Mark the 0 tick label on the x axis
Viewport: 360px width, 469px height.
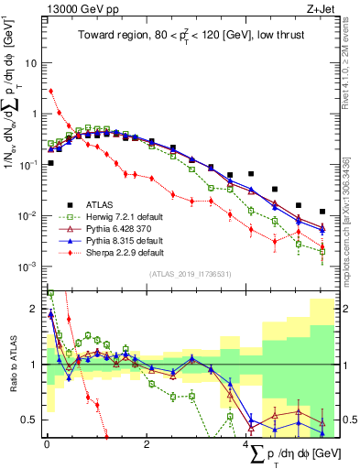pos(47,445)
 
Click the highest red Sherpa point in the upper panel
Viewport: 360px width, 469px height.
pos(50,91)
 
